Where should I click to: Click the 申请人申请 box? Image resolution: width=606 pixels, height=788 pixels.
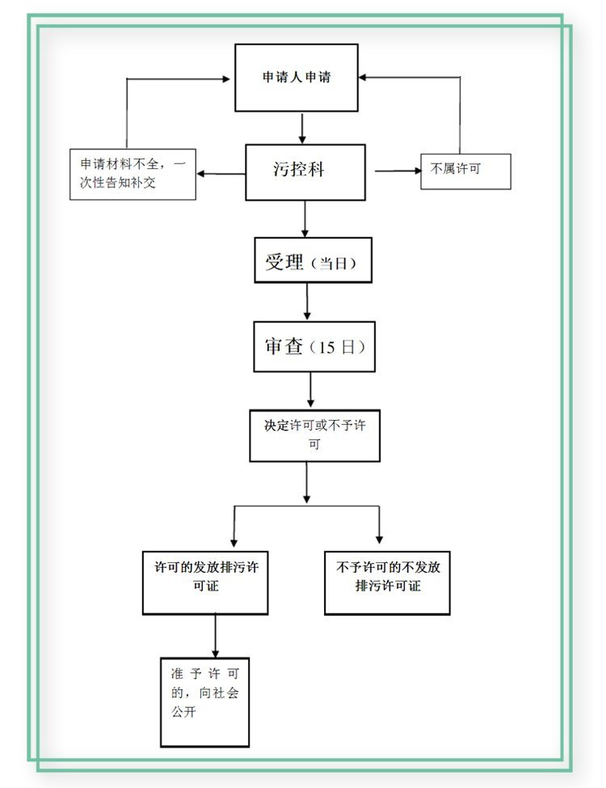tap(297, 78)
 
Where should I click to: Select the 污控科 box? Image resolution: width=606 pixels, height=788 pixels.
tap(305, 172)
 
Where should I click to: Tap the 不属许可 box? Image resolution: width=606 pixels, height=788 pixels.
tap(465, 171)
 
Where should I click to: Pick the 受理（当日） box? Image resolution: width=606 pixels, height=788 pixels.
tap(313, 260)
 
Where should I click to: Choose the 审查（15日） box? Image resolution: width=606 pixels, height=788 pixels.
tap(314, 347)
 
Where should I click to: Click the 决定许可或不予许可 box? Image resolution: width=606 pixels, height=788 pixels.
tap(314, 435)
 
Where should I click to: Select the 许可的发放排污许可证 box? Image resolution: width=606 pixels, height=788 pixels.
tap(205, 583)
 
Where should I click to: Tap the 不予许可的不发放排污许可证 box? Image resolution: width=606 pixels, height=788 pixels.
tap(387, 583)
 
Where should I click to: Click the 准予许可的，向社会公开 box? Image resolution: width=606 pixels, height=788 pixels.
tap(204, 701)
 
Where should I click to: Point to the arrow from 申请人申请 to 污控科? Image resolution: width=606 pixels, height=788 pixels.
tap(301, 128)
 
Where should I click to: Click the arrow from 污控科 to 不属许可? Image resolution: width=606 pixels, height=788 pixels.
tap(397, 171)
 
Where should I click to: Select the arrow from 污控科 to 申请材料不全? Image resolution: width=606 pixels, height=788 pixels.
tap(221, 173)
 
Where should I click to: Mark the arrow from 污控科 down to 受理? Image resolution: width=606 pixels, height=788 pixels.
tap(305, 218)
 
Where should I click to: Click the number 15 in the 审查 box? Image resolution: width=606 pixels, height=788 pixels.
tap(326, 349)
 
